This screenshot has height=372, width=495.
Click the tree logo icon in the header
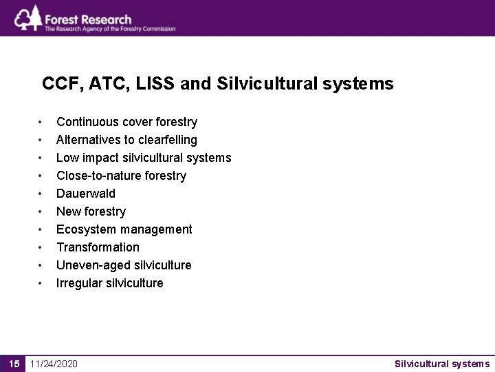[27, 18]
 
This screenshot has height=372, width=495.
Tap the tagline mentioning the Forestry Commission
[110, 29]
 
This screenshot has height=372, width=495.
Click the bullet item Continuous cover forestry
[126, 122]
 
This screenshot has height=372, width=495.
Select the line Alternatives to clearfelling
[126, 140]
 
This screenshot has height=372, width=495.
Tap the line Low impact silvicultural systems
[144, 158]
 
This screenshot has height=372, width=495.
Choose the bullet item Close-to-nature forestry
[121, 176]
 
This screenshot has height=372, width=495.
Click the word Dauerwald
[86, 194]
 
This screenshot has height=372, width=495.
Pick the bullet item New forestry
[91, 211]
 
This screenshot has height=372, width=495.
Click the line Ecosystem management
[124, 229]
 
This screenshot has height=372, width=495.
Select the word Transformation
[98, 247]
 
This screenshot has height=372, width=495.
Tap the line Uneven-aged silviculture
[124, 265]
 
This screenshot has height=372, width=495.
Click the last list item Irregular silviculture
[110, 283]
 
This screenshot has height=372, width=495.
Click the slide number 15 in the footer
[13, 364]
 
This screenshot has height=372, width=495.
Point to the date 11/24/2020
[54, 364]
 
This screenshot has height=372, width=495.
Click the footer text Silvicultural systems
[442, 364]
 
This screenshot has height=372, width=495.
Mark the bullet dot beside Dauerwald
[42, 194]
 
